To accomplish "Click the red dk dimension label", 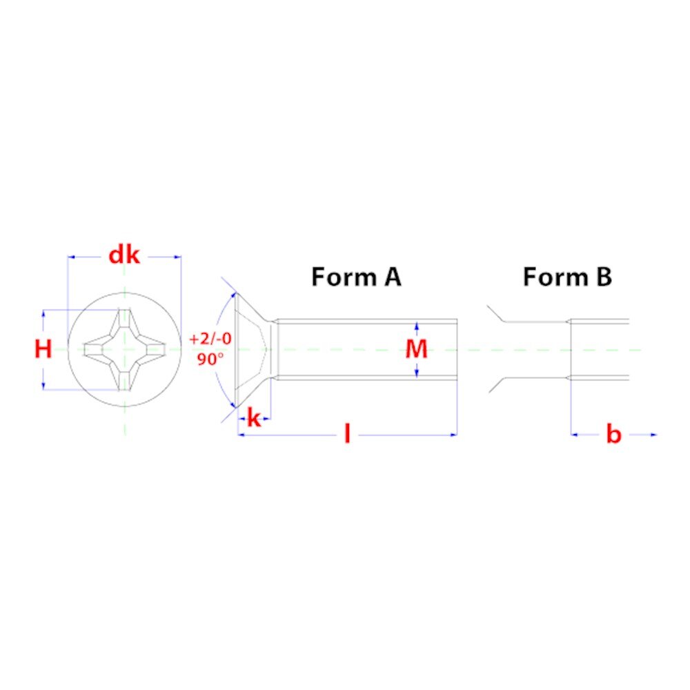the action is pyautogui.click(x=124, y=255).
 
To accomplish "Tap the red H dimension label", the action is pyautogui.click(x=43, y=349).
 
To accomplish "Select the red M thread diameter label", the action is pyautogui.click(x=416, y=349).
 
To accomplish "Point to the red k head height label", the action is pyautogui.click(x=254, y=418).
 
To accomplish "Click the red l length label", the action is pyautogui.click(x=347, y=434).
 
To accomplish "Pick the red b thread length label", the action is pyautogui.click(x=613, y=434).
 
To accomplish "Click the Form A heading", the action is pyautogui.click(x=356, y=277).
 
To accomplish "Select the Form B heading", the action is pyautogui.click(x=567, y=277).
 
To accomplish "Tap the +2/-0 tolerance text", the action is pyautogui.click(x=210, y=339).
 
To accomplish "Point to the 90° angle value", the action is pyautogui.click(x=210, y=359).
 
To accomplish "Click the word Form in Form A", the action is pyautogui.click(x=344, y=277).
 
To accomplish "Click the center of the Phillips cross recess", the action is pyautogui.click(x=124, y=349).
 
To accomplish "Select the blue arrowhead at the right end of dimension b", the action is pyautogui.click(x=653, y=435).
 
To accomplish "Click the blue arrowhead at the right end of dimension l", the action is pyautogui.click(x=454, y=435).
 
